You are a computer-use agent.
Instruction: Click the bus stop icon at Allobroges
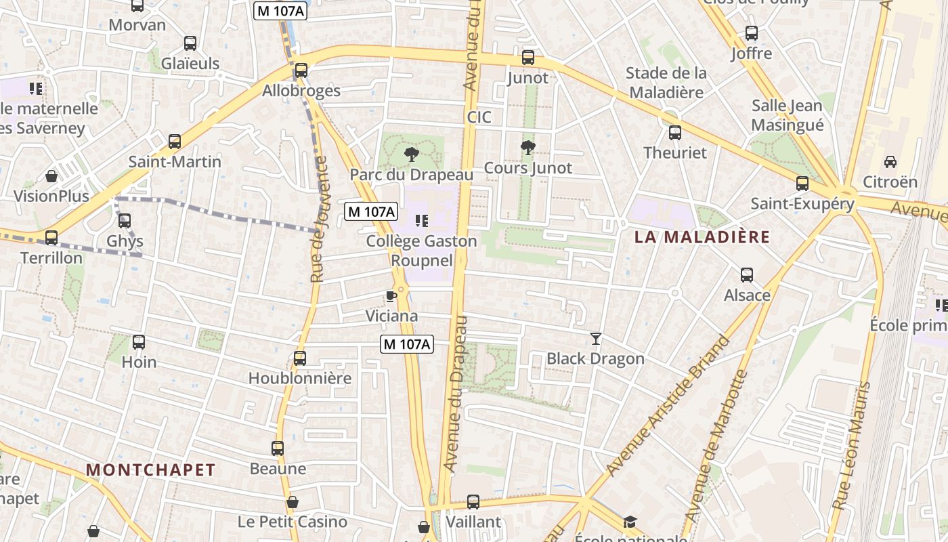point(301,70)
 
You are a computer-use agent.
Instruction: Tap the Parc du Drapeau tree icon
point(411,154)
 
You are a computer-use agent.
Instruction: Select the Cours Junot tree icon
point(527,148)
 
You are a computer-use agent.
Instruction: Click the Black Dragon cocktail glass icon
point(596,338)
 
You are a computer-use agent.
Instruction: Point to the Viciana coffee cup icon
point(391,296)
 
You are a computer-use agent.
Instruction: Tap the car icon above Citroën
point(890,162)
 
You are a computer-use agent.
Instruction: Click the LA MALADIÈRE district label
point(702,237)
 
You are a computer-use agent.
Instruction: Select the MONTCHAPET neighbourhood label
point(151,470)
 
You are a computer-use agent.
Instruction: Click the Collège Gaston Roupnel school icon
point(422,221)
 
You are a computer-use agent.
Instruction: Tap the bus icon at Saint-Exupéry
point(802,183)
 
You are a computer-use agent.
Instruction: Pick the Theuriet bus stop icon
point(674,133)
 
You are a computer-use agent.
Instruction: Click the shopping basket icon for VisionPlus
point(51,177)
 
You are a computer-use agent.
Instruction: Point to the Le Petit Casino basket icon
point(293,502)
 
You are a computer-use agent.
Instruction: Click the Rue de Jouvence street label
point(319,219)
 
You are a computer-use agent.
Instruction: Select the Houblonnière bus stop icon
point(300,358)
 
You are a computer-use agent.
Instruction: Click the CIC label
point(479,117)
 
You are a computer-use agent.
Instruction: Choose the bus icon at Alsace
point(747,275)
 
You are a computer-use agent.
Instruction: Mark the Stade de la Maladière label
point(666,82)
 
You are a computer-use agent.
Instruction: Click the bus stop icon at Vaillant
point(473,502)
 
